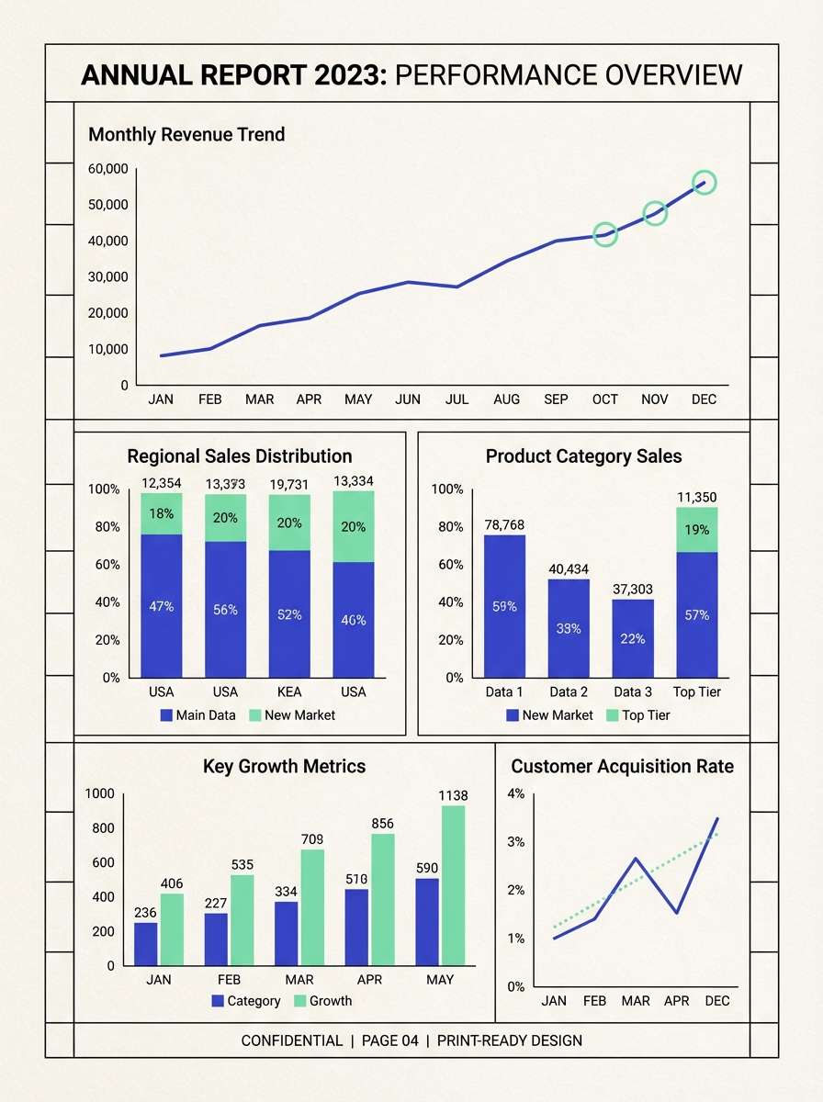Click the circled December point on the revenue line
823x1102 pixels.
[704, 183]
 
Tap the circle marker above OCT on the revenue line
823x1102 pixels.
[604, 235]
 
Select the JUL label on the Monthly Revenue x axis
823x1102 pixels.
[457, 399]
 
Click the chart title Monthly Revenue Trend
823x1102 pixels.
[186, 135]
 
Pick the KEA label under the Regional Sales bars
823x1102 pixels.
[289, 692]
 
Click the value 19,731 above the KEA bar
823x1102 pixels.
[289, 481]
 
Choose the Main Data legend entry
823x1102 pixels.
[198, 714]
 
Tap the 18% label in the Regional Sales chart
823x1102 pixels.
[162, 514]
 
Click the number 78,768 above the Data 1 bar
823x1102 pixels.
[504, 524]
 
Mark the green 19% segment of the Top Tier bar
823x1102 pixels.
[697, 530]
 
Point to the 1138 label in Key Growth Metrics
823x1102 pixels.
[453, 795]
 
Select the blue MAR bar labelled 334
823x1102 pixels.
[287, 933]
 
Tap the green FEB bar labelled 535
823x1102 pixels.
[242, 919]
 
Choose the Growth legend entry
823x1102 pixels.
[322, 1000]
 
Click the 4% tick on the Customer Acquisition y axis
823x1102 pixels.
[515, 793]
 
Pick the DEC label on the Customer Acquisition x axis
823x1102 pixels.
[716, 1000]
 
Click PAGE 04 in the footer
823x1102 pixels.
[389, 1040]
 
